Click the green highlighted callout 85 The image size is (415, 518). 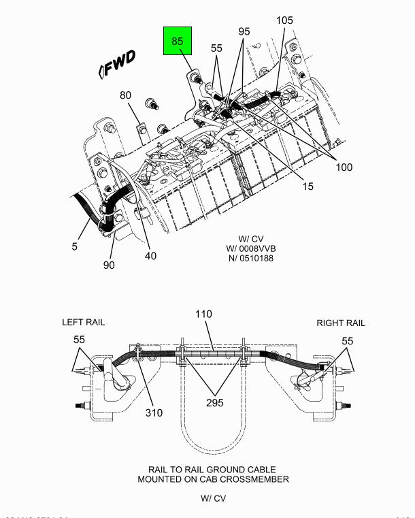178,42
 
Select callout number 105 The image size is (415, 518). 284,20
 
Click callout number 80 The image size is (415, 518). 126,95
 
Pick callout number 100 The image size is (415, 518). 343,167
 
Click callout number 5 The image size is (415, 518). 75,246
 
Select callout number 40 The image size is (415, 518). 150,256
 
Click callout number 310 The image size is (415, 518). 153,412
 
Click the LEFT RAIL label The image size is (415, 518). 84,323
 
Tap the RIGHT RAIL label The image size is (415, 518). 340,323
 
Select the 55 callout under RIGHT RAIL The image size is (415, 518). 347,340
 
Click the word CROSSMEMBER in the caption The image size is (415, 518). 257,479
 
